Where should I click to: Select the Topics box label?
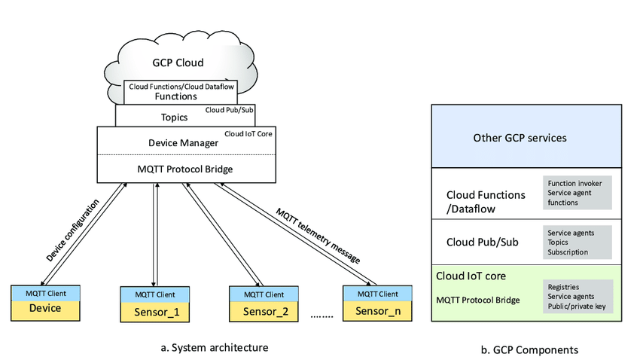pos(174,117)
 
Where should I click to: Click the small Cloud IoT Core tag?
pos(248,133)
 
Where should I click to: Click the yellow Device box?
pos(44,307)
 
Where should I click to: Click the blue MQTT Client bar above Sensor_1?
pos(155,294)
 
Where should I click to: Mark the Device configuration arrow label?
pos(72,230)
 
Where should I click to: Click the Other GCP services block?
pos(526,138)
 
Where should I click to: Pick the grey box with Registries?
pos(578,296)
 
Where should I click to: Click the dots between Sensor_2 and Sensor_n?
pos(322,317)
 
